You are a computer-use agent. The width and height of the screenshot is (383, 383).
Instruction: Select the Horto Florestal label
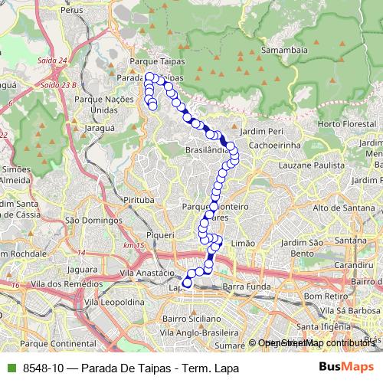pyautogui.click(x=341, y=124)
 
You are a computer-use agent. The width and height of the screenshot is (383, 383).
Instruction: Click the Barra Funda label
pyautogui.click(x=243, y=286)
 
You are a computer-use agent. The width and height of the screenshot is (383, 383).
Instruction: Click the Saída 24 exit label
pyautogui.click(x=52, y=60)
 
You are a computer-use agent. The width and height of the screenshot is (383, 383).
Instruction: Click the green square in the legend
pyautogui.click(x=9, y=368)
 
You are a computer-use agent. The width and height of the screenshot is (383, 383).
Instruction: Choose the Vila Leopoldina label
pyautogui.click(x=115, y=303)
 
